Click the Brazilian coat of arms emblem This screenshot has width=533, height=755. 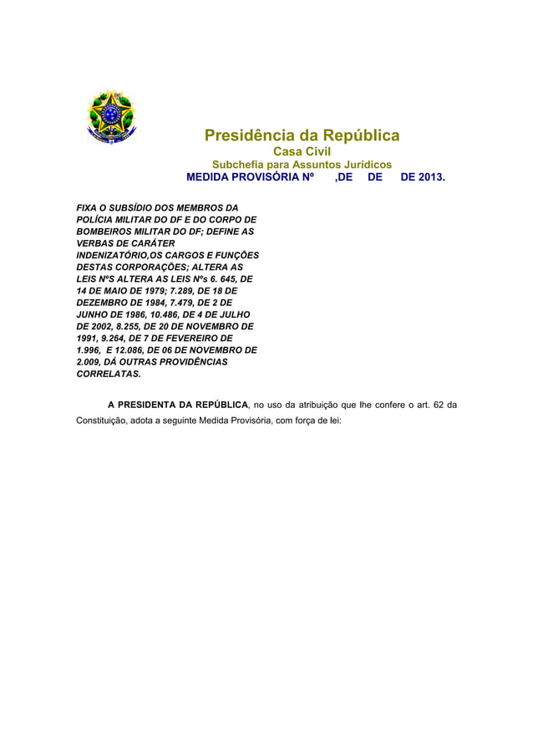click(112, 116)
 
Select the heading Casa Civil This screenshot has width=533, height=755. click(302, 151)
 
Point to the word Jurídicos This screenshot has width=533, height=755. click(357, 165)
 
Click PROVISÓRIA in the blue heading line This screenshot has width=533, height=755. click(272, 178)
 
